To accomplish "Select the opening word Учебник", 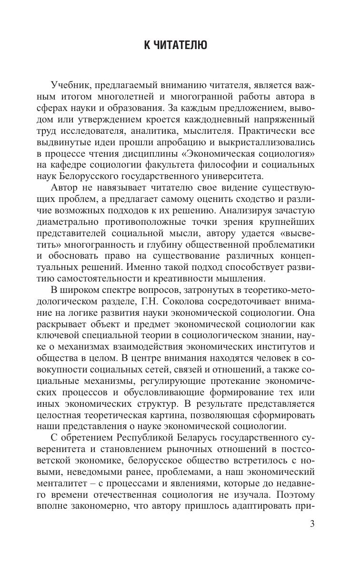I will tap(71, 85).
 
